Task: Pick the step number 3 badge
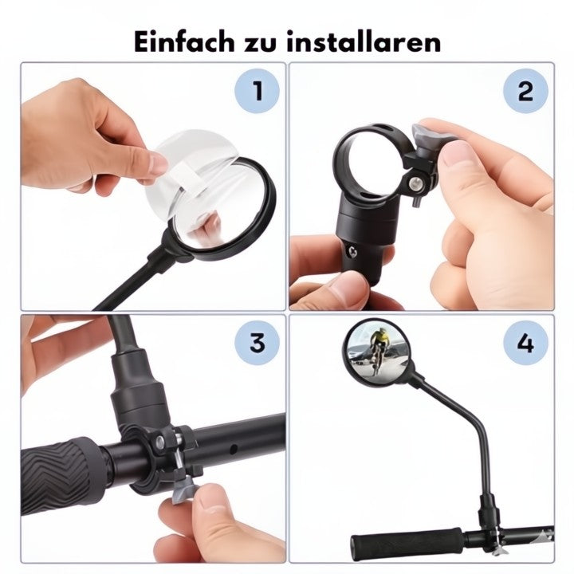click(x=257, y=344)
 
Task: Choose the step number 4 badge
click(x=525, y=344)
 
